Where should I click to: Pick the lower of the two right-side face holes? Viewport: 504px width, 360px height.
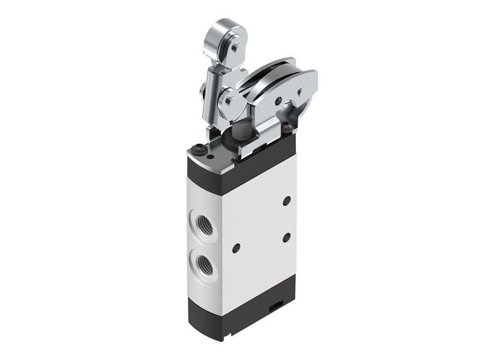(x=286, y=236)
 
